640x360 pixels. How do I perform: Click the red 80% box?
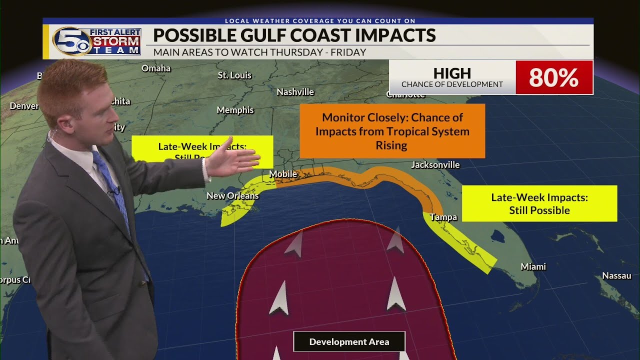click(553, 77)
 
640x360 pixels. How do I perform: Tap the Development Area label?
click(349, 342)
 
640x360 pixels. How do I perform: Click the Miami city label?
click(533, 267)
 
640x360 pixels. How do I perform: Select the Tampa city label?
click(443, 217)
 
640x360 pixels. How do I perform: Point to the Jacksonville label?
click(435, 165)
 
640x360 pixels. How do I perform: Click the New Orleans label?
click(232, 195)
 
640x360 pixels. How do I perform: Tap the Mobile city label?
click(283, 174)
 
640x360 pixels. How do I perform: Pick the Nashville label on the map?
click(295, 92)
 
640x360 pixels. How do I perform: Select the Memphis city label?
click(235, 110)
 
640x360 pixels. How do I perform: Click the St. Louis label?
click(234, 75)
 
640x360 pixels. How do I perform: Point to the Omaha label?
click(156, 68)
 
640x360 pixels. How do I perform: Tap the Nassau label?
click(616, 276)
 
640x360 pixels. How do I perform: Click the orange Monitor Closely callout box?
click(392, 131)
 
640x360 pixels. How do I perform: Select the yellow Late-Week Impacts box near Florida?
click(539, 203)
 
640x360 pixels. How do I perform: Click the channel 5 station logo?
click(71, 41)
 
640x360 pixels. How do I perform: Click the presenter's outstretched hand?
click(237, 159)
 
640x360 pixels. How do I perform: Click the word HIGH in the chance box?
click(452, 73)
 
